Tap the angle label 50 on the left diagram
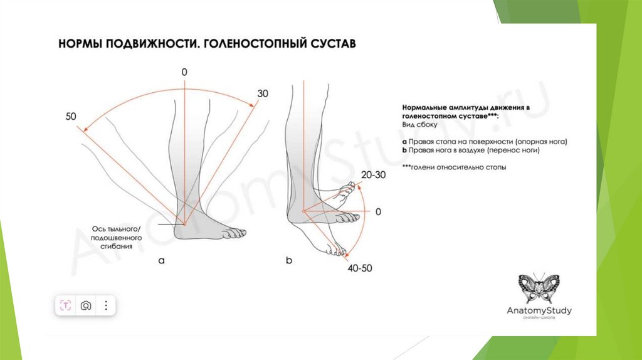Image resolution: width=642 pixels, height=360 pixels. pyautogui.click(x=70, y=117)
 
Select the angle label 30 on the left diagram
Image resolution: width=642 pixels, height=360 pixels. pyautogui.click(x=263, y=93)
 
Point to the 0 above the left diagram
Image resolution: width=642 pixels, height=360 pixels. pyautogui.click(x=184, y=73)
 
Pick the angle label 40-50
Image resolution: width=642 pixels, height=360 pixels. pyautogui.click(x=359, y=268)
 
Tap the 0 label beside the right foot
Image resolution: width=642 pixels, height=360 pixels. pyautogui.click(x=378, y=212)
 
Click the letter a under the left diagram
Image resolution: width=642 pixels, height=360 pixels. pyautogui.click(x=161, y=261)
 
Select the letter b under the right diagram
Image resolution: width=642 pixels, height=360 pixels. pyautogui.click(x=289, y=260)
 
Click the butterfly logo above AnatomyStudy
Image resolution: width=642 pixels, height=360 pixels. pyautogui.click(x=539, y=288)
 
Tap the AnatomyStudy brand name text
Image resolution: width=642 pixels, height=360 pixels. pyautogui.click(x=539, y=310)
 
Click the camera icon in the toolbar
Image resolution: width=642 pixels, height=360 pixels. pyautogui.click(x=86, y=305)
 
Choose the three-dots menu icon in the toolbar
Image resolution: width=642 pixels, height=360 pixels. pyautogui.click(x=106, y=305)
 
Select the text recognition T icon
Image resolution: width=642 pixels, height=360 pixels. pyautogui.click(x=66, y=305)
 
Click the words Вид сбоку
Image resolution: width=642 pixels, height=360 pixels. pyautogui.click(x=419, y=125)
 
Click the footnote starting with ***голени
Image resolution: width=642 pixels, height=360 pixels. pyautogui.click(x=455, y=167)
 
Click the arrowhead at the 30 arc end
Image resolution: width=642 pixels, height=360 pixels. pyautogui.click(x=253, y=107)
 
